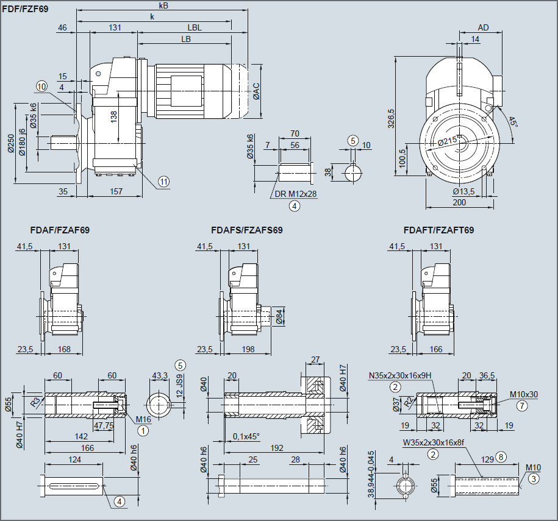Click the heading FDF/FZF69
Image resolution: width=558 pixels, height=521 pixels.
click(25, 9)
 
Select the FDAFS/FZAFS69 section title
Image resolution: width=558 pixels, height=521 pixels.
click(246, 230)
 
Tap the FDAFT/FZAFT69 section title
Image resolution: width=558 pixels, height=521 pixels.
click(438, 230)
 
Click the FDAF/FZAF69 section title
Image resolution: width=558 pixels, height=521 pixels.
click(60, 230)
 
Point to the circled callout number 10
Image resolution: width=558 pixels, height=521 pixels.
click(41, 87)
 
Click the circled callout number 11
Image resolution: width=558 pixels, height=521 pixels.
click(163, 181)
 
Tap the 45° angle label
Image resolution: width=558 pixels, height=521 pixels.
click(513, 122)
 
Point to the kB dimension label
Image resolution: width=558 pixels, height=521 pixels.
click(163, 5)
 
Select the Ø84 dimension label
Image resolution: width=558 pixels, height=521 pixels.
click(279, 316)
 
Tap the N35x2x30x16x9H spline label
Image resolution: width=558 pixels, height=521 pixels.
click(399, 375)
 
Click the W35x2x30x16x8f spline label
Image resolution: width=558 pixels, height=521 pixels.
click(433, 442)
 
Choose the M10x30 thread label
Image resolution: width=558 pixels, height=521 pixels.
click(524, 394)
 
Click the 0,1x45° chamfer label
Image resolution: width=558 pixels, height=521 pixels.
click(246, 436)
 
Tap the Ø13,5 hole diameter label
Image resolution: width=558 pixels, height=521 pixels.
click(465, 191)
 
